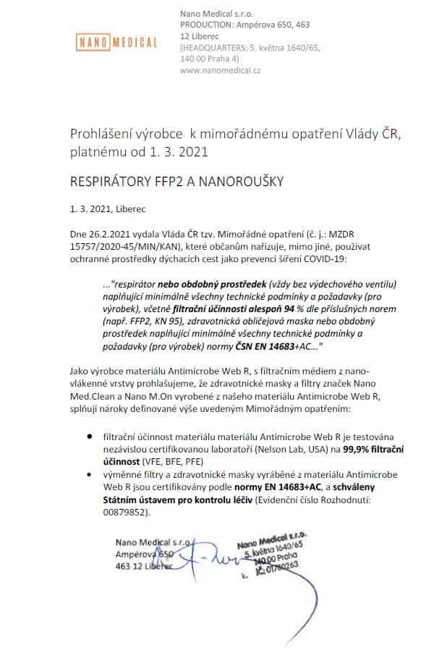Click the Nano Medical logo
coord(116,42)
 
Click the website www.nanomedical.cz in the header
coord(220,70)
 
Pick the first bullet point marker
coord(89,438)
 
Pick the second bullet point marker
coord(89,473)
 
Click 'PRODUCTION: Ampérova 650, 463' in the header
coord(244,25)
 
